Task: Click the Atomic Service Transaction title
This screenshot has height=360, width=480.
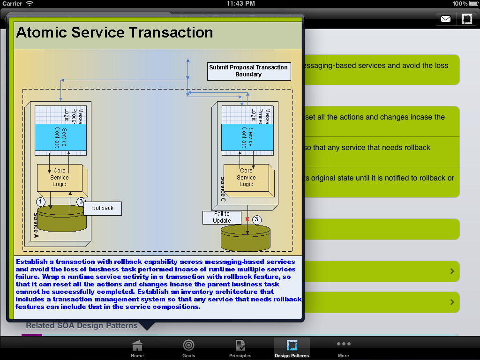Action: [114, 32]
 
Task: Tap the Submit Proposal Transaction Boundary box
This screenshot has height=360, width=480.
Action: [248, 71]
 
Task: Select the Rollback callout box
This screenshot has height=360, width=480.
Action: [103, 208]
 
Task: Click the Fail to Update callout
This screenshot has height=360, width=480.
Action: [222, 217]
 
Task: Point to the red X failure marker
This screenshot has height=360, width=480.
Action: [247, 219]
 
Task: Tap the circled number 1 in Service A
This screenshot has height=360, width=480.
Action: [41, 202]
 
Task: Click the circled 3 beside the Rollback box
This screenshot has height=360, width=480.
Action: [81, 202]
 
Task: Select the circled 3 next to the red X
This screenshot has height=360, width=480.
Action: [256, 219]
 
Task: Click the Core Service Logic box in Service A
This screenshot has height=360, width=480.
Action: [60, 178]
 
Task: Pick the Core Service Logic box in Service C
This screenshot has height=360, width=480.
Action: [247, 178]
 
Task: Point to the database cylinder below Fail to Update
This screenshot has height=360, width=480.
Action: [246, 238]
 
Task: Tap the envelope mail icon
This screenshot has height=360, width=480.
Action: [445, 19]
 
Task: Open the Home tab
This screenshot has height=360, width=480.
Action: [137, 349]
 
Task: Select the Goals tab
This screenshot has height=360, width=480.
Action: [188, 349]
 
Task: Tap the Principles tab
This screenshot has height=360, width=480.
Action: [240, 349]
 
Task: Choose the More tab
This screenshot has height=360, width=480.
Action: [343, 349]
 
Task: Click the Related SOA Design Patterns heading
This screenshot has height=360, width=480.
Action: [82, 325]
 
